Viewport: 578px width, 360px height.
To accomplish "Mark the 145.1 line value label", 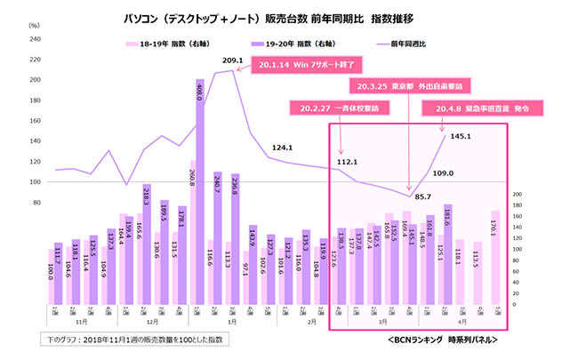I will pos(461,136).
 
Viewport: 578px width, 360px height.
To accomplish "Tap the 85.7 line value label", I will pos(423,196).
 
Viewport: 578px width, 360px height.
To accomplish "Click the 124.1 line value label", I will pos(283,147).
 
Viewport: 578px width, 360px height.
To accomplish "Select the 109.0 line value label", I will pos(443,172).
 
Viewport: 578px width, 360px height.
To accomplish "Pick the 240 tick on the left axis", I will pos(36,38).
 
